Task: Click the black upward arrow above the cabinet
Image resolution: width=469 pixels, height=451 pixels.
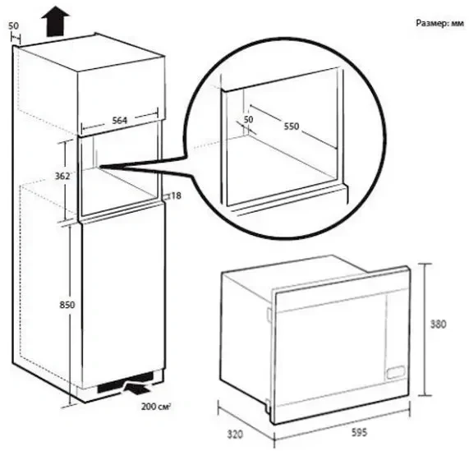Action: tap(55, 21)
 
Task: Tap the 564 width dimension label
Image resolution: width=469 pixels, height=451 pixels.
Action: tap(119, 121)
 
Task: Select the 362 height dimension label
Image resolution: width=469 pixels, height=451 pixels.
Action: tap(62, 176)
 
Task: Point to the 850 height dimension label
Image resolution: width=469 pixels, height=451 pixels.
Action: tap(67, 305)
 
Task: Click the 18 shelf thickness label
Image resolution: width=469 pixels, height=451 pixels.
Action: tap(176, 196)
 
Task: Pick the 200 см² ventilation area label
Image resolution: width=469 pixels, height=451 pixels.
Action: tap(156, 407)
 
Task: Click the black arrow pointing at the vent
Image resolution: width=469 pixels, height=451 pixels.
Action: tap(137, 389)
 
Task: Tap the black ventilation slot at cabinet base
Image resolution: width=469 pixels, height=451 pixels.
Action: tap(126, 382)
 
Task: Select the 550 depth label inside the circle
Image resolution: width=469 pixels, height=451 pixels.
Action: tap(292, 127)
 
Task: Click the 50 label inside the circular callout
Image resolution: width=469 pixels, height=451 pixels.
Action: tap(248, 120)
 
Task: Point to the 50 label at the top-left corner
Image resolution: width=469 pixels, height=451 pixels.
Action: tap(13, 26)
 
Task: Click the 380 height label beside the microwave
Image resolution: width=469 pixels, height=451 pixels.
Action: tap(438, 324)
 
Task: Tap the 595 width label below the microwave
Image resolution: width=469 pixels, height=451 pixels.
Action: tap(359, 432)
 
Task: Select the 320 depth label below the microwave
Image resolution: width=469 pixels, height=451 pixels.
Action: tap(235, 435)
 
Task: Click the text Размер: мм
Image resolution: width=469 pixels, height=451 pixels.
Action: tap(439, 23)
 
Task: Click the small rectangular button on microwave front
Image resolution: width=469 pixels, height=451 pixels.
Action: tap(395, 372)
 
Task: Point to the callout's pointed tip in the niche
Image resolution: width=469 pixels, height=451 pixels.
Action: tap(100, 166)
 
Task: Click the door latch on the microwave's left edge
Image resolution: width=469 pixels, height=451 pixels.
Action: tap(269, 315)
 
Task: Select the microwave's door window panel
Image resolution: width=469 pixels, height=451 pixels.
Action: tap(331, 349)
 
